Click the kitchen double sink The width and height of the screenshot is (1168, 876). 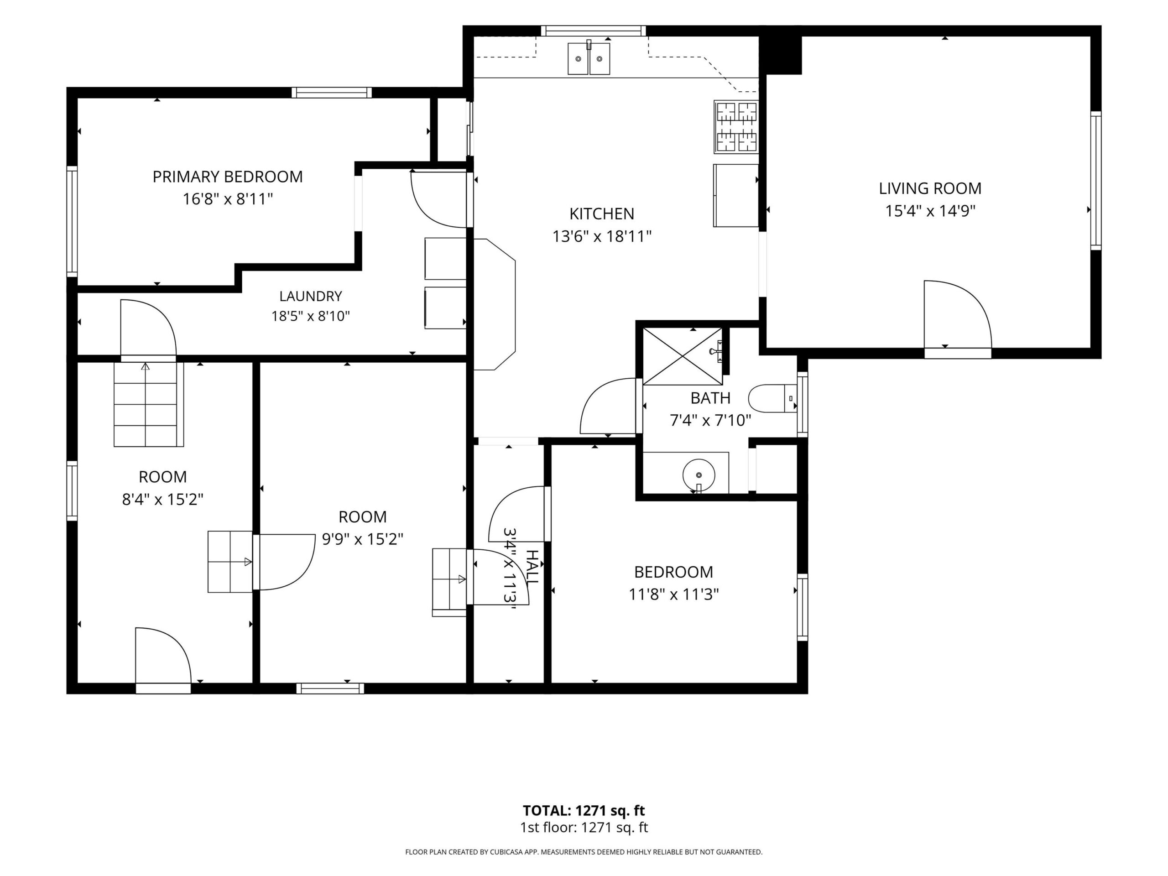coord(589,58)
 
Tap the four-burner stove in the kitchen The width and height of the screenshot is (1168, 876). coord(736,127)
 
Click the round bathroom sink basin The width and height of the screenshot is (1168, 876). coord(699,474)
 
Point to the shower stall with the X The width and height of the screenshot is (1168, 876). coord(683,356)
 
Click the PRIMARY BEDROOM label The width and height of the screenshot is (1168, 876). coord(228,177)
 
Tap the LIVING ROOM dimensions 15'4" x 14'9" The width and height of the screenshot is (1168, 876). coord(930,211)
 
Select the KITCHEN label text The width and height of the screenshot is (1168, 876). coord(601,214)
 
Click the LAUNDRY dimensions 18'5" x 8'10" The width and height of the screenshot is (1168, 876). coord(311,316)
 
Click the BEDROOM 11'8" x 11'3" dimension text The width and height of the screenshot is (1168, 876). coord(673,594)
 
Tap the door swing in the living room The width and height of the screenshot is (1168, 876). coord(957,314)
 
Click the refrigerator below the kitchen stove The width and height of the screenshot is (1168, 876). coord(736,195)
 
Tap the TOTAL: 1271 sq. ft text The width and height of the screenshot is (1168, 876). coord(584,810)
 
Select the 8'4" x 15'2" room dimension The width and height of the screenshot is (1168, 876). coord(162,499)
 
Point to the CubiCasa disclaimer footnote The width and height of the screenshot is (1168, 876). coord(584,852)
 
